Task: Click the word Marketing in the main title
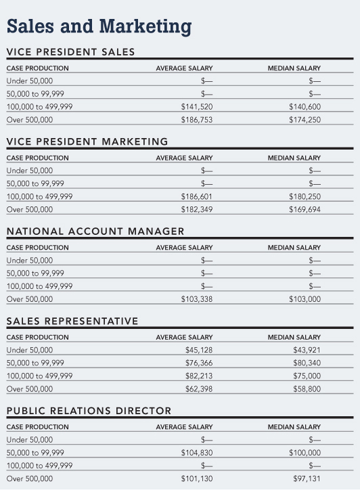(145, 27)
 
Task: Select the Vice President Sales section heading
(70, 52)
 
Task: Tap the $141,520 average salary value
(197, 107)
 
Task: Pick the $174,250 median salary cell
(305, 120)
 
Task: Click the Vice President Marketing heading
(87, 141)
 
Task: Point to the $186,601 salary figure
(197, 196)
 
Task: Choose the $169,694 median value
(305, 209)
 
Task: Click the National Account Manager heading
(95, 231)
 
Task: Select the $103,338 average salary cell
(197, 299)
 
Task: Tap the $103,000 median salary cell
(305, 299)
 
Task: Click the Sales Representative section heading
(72, 321)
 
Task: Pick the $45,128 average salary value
(199, 350)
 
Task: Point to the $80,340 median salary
(307, 363)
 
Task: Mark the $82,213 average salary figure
(199, 376)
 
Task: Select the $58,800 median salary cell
(307, 388)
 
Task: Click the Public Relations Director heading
(89, 411)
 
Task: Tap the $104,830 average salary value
(197, 453)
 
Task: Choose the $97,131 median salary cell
(307, 478)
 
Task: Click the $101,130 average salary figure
(197, 478)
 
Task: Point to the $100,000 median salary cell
(305, 453)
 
